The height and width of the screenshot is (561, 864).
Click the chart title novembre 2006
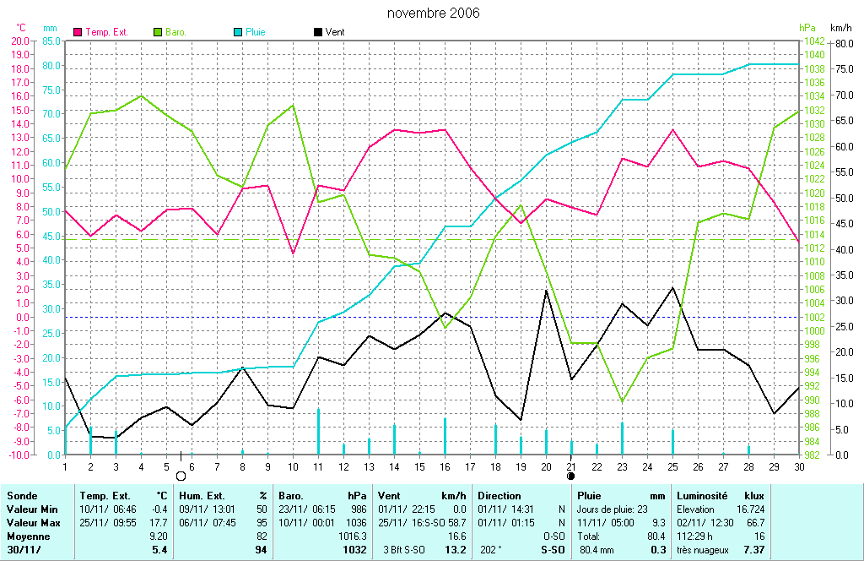433,13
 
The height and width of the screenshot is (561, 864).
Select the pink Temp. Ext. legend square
78,32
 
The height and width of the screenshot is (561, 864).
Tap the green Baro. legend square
158,32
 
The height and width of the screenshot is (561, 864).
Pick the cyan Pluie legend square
237,32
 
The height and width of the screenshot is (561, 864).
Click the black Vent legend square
317,32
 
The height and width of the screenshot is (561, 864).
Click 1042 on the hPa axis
813,41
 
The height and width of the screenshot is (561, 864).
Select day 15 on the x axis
419,466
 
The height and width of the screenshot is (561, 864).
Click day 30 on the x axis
798,466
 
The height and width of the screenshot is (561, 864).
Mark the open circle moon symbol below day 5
181,477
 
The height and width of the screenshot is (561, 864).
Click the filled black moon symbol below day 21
571,477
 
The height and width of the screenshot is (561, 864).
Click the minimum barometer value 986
358,509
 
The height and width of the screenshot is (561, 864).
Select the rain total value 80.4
656,536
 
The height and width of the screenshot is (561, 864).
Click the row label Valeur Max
31,523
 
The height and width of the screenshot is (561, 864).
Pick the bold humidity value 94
260,550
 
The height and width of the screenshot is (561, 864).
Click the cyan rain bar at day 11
318,431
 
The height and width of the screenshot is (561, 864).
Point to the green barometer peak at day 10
293,106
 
